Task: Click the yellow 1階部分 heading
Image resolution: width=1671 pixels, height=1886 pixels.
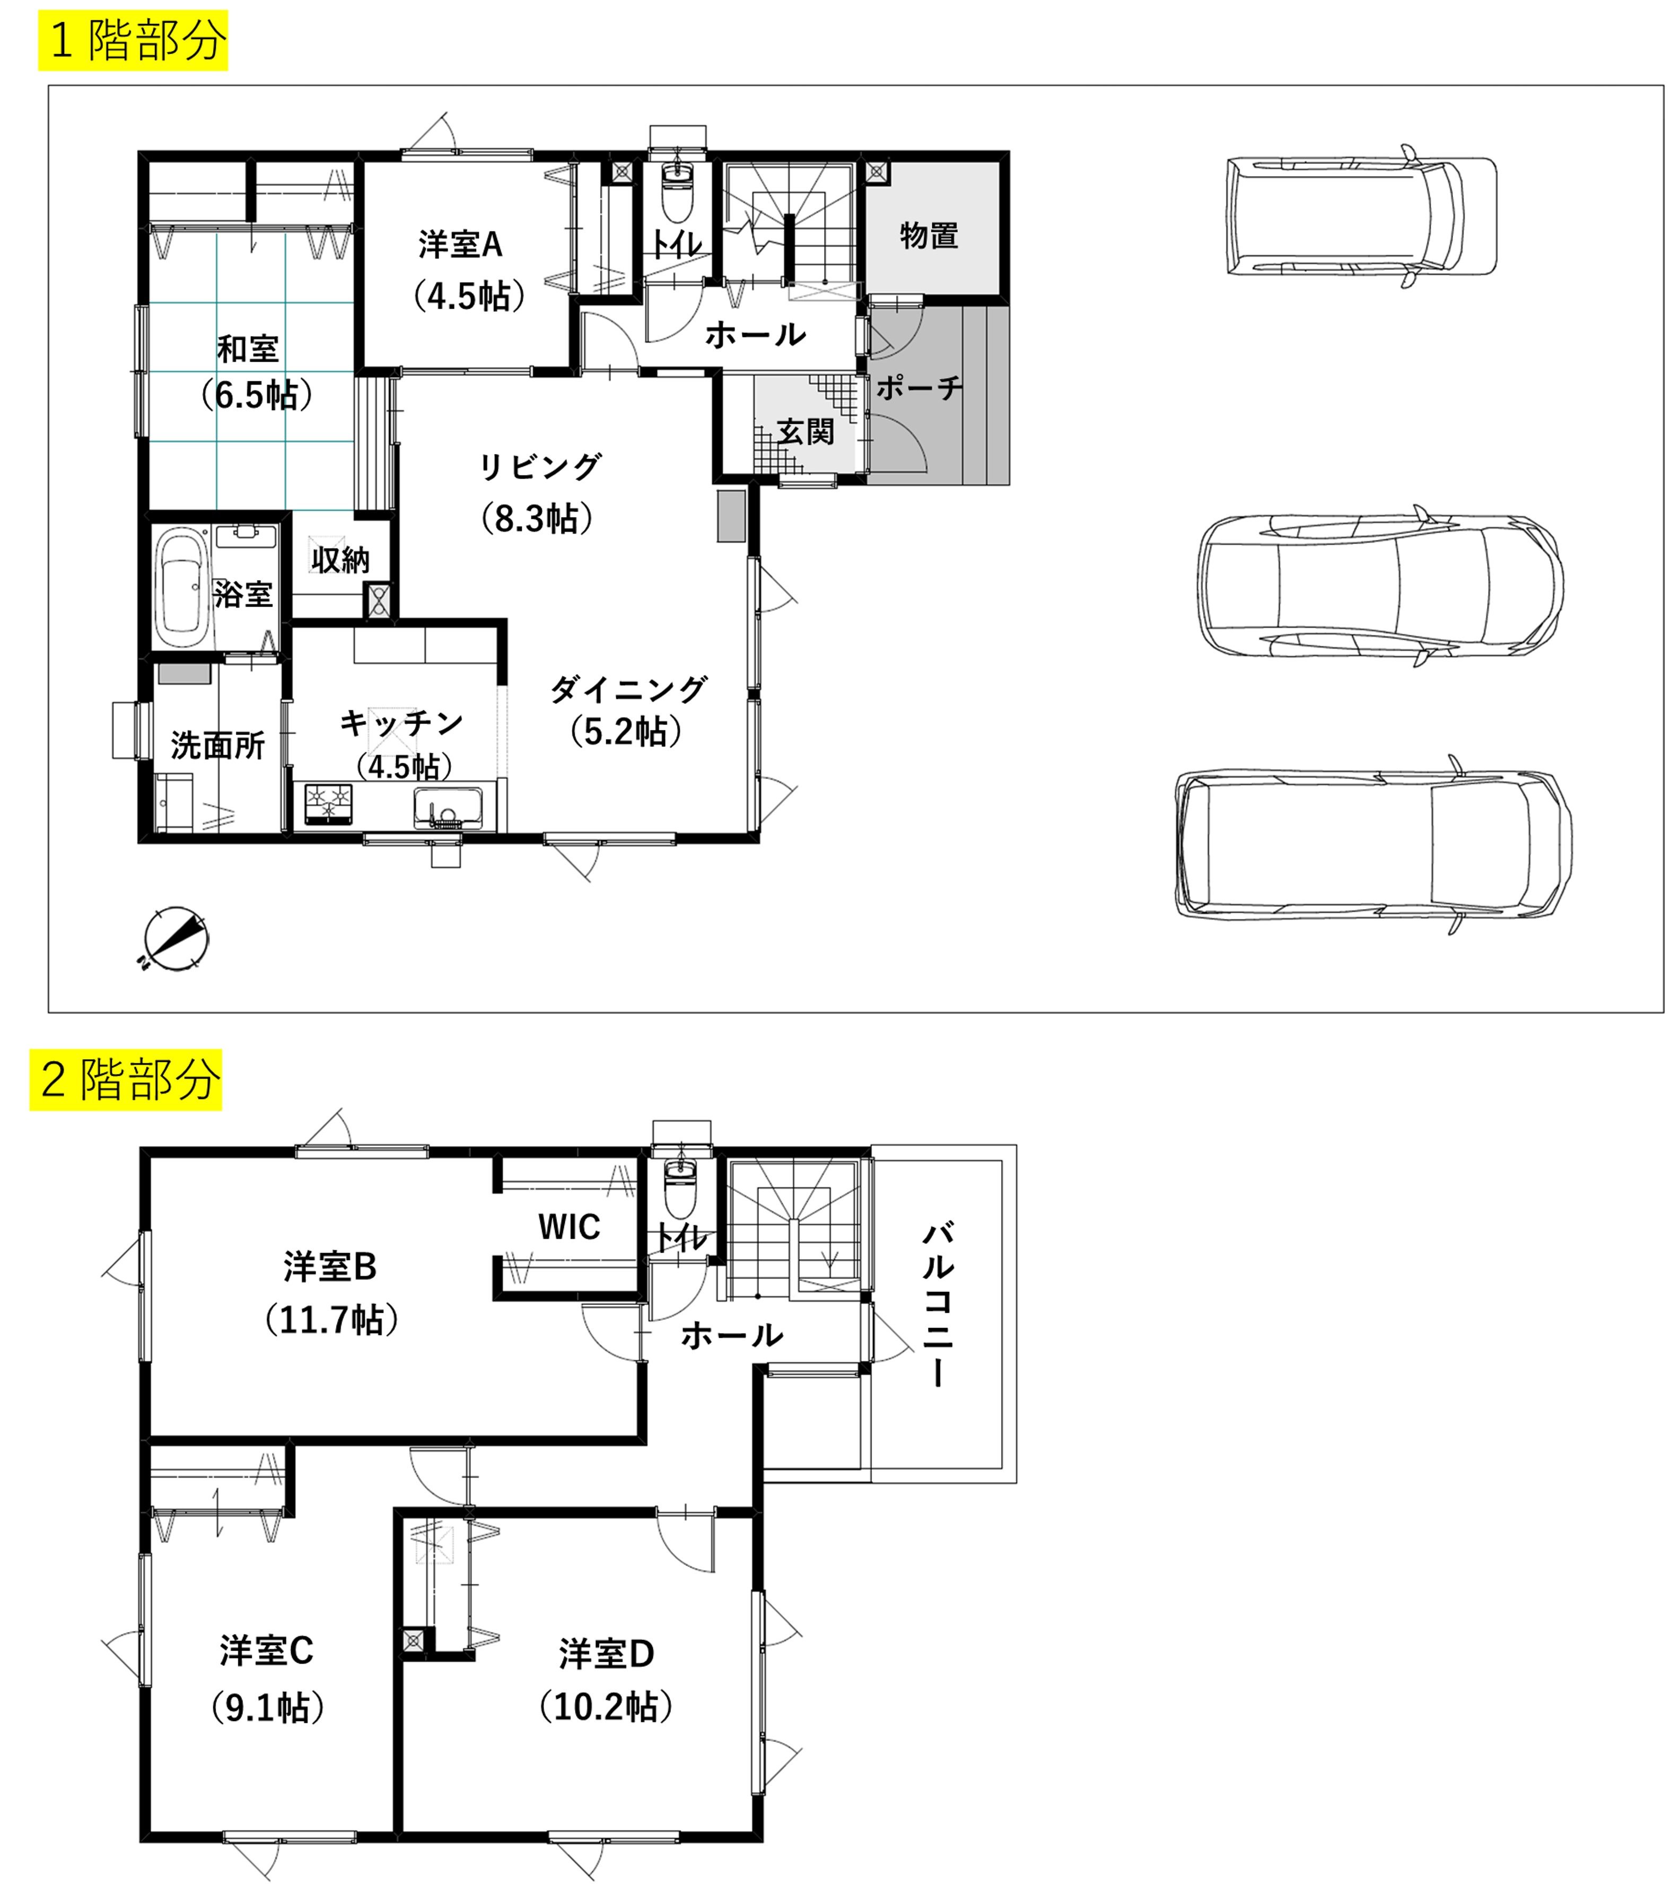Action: (133, 41)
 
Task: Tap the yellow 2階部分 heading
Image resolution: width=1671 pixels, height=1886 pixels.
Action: (126, 1079)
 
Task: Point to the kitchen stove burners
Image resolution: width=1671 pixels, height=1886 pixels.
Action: (328, 803)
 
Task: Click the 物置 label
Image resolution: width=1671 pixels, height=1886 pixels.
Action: (929, 235)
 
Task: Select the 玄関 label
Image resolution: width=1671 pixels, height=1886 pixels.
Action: (806, 431)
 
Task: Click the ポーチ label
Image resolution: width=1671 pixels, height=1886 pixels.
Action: (919, 388)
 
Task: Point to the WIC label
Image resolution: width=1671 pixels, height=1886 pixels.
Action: (570, 1227)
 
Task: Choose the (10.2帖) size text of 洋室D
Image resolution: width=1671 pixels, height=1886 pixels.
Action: (606, 1706)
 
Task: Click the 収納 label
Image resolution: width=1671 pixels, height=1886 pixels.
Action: (340, 559)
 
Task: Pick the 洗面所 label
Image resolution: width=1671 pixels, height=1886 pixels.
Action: (218, 745)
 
